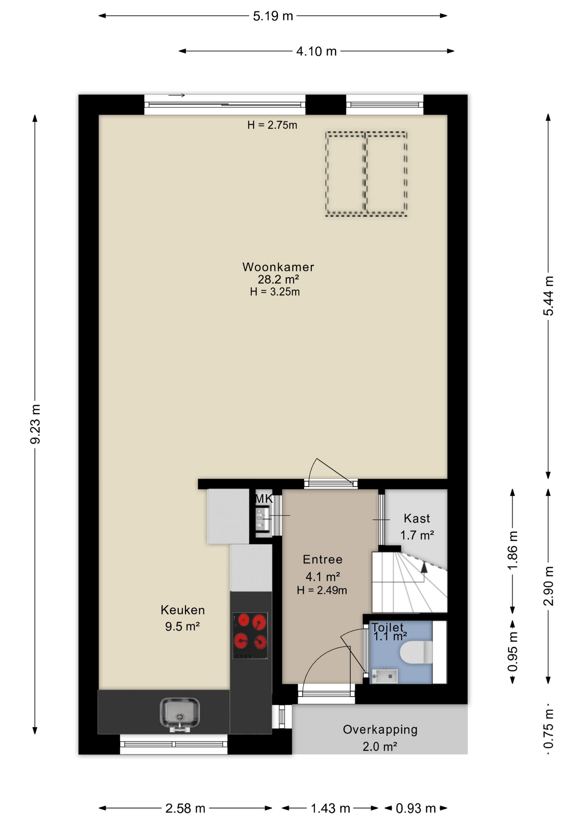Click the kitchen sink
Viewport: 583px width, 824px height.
coord(179,714)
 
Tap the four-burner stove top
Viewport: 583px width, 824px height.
coord(250,636)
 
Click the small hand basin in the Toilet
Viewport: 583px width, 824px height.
coord(385,676)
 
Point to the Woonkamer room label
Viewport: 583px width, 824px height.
coord(278,267)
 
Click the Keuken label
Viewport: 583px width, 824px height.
coord(182,610)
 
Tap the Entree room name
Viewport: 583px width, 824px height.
coord(322,559)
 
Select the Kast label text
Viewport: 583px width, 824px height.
coord(416,518)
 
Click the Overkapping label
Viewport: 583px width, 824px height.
coord(380,730)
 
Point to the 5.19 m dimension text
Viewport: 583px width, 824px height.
coord(273,16)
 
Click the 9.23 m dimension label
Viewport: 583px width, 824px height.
coord(35,424)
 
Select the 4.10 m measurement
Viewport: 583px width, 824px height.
coord(316,51)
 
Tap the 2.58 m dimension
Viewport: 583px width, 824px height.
coord(185,809)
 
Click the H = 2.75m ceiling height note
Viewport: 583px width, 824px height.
coord(272,125)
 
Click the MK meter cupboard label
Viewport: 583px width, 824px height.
coord(264,499)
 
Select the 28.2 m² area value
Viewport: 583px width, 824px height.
coord(278,279)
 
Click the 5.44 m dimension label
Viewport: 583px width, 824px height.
coord(548,296)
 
